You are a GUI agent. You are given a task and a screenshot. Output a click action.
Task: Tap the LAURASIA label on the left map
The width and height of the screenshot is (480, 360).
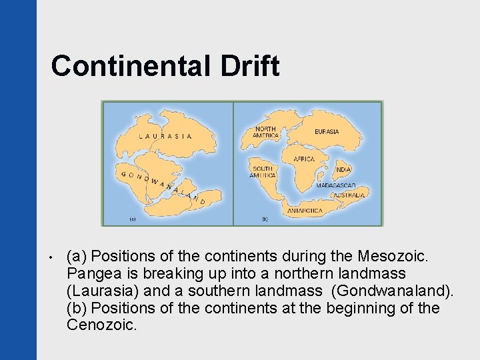pyautogui.click(x=165, y=136)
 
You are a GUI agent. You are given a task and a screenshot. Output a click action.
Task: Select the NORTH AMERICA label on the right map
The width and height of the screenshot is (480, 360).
pyautogui.click(x=265, y=132)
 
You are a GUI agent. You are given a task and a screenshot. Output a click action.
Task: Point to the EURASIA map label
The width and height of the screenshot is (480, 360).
pyautogui.click(x=327, y=132)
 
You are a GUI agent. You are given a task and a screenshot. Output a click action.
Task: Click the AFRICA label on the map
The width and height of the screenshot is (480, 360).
pyautogui.click(x=304, y=159)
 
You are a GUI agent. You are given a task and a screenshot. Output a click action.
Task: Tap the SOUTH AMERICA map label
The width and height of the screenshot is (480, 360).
pyautogui.click(x=263, y=172)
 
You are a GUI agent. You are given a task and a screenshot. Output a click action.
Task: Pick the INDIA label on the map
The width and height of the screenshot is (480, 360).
pyautogui.click(x=343, y=170)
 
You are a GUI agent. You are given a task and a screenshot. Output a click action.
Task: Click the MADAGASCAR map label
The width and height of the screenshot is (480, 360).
pyautogui.click(x=336, y=185)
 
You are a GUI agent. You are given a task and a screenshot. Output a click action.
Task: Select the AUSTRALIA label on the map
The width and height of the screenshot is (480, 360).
pyautogui.click(x=349, y=195)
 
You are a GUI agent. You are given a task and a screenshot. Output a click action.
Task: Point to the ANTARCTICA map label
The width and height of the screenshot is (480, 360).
pyautogui.click(x=305, y=211)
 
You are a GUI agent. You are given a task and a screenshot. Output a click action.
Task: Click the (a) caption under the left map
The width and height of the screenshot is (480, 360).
pyautogui.click(x=132, y=217)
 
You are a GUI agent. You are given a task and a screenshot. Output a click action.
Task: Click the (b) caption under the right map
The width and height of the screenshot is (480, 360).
pyautogui.click(x=265, y=217)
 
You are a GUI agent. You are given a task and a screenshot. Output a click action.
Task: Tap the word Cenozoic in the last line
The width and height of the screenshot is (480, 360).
pyautogui.click(x=101, y=325)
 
